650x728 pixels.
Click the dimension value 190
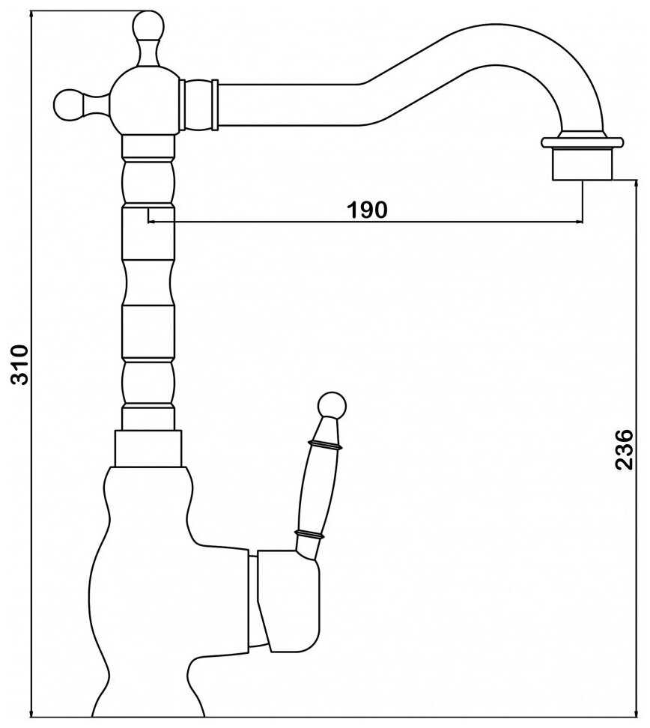click(x=366, y=210)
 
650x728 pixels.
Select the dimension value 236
click(x=625, y=449)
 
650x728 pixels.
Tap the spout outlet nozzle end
click(x=582, y=164)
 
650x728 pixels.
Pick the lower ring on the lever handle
click(x=309, y=534)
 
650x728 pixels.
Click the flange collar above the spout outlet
click(x=582, y=142)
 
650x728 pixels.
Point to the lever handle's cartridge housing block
click(x=288, y=599)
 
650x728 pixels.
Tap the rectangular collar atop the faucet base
click(x=148, y=448)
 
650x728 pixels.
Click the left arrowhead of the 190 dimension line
click(x=153, y=222)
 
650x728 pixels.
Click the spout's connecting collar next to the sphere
click(x=199, y=105)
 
